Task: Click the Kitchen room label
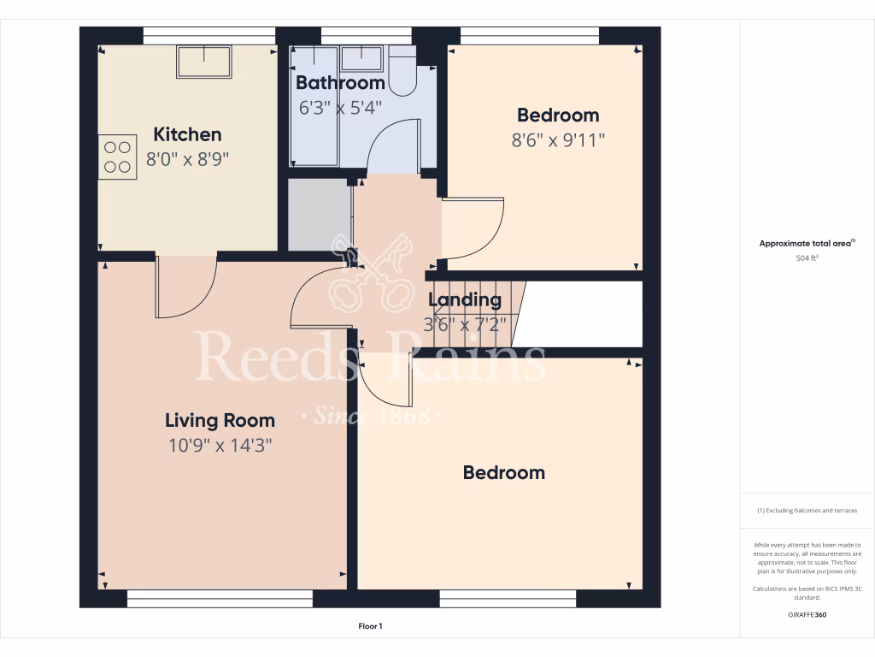(187, 134)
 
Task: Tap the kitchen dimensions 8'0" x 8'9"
(188, 159)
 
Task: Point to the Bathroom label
(340, 83)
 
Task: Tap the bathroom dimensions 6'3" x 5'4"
(340, 108)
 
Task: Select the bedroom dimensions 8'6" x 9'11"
(558, 140)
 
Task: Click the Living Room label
(220, 420)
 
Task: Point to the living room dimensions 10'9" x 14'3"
(220, 445)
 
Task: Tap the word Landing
(464, 299)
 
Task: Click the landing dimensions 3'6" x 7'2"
(465, 324)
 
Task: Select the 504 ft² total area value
(807, 257)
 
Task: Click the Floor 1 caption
(370, 626)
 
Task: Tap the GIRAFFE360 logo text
(807, 614)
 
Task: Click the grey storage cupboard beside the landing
(320, 214)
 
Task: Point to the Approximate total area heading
(807, 244)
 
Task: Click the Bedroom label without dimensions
(503, 472)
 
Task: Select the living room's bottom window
(220, 599)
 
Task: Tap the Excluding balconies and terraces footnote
(807, 511)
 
